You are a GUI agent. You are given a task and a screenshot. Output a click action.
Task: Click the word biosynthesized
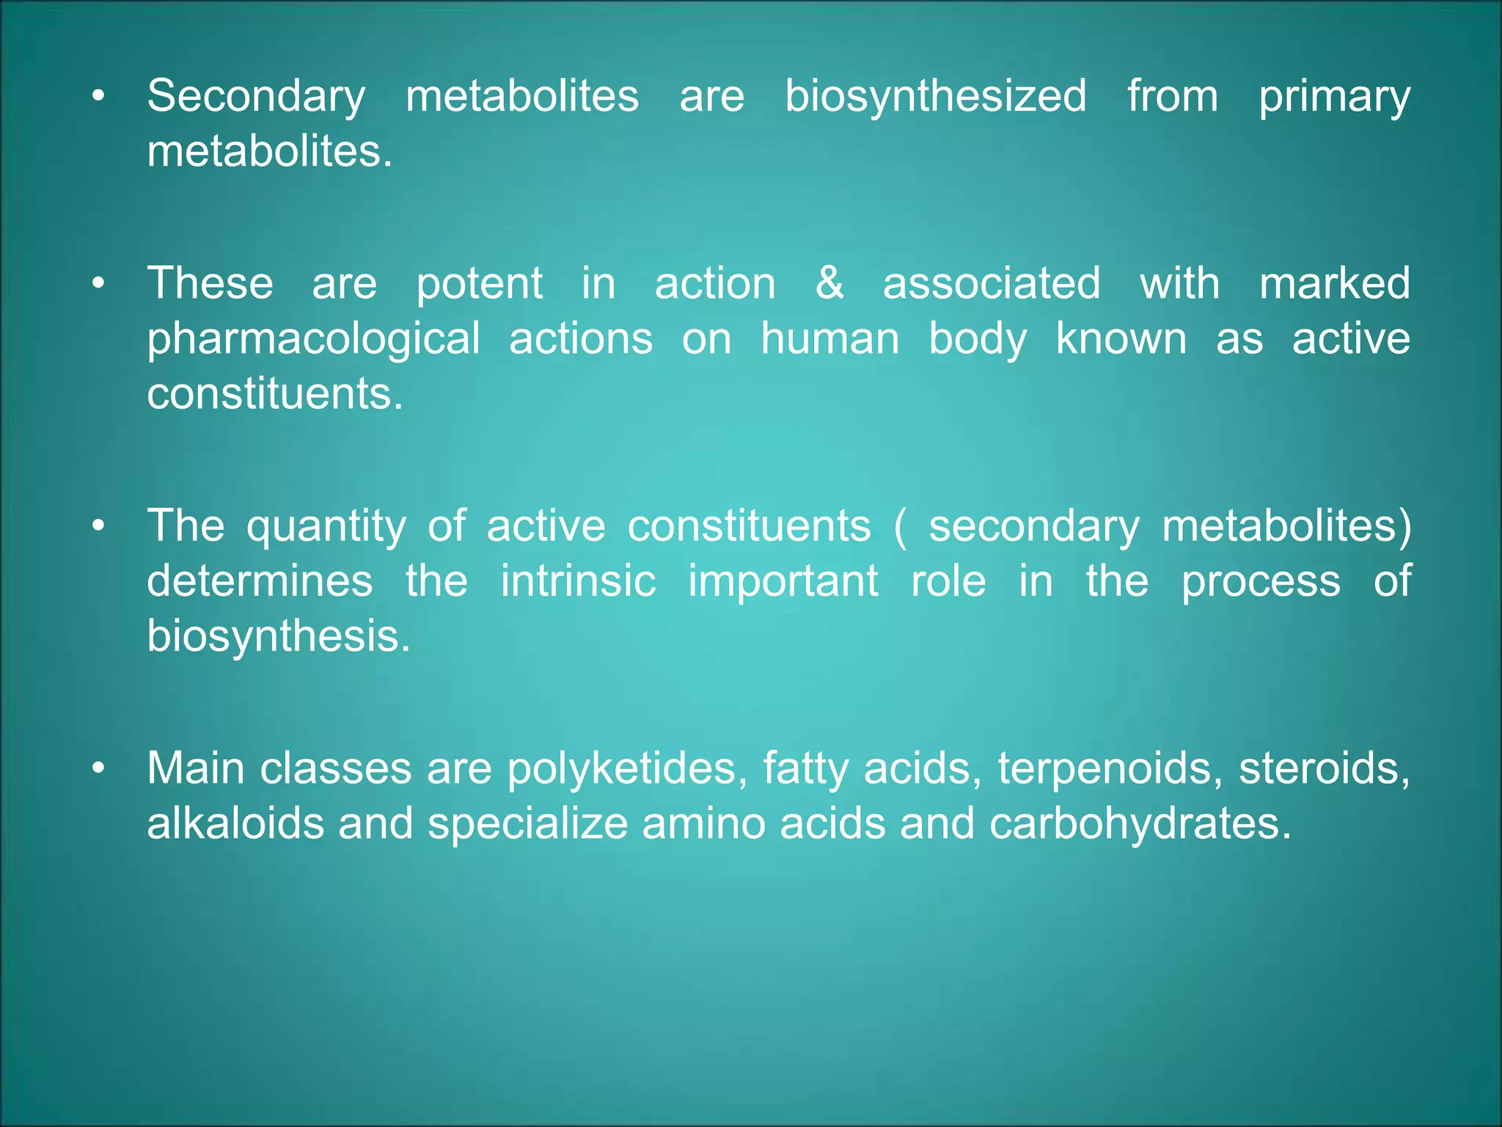[x=936, y=96]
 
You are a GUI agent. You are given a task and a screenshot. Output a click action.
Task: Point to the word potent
[x=480, y=285]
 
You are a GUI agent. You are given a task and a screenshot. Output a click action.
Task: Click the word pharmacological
[x=313, y=340]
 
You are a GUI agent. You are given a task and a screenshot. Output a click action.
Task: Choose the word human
[x=829, y=339]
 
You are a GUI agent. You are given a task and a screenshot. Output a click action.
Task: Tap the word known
[x=1121, y=339]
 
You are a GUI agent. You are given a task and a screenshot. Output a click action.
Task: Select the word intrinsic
[x=578, y=581]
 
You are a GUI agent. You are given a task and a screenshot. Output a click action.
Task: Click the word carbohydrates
[x=1139, y=825]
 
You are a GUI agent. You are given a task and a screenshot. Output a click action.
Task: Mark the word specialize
[x=527, y=825]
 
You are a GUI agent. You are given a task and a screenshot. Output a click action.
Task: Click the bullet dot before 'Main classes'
[x=99, y=769]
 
